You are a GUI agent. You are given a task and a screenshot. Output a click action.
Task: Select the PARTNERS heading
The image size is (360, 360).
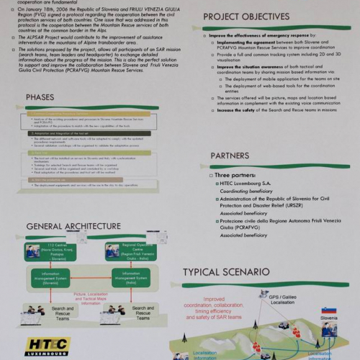[230, 156]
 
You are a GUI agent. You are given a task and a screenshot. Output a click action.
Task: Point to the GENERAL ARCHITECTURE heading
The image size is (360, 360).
[73, 226]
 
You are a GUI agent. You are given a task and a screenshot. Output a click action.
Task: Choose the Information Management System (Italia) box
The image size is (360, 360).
[120, 278]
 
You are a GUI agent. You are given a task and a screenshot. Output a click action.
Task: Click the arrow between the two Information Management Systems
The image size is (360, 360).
[86, 278]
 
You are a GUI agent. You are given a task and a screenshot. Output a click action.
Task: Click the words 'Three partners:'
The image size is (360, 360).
[235, 175]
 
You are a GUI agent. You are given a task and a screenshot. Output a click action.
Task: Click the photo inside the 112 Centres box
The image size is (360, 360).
[33, 251]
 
